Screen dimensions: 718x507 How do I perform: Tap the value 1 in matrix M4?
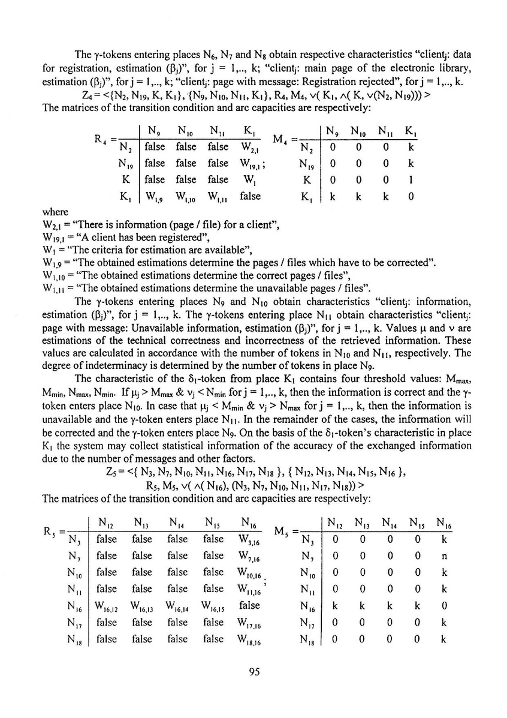tap(411, 179)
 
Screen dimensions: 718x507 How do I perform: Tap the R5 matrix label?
tap(52, 530)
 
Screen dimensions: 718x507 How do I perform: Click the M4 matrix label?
tap(282, 139)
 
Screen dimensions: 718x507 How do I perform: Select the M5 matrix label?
tap(283, 530)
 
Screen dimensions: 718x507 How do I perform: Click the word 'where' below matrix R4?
tap(55, 212)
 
